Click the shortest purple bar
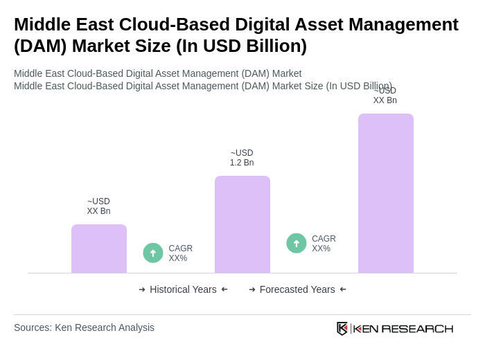click(x=99, y=249)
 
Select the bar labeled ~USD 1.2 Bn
click(x=242, y=224)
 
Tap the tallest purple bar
click(x=386, y=193)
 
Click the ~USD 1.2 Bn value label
click(x=242, y=158)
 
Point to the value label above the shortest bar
click(x=98, y=206)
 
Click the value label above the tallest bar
click(x=385, y=96)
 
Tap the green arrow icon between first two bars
click(x=153, y=253)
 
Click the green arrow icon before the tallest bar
click(x=297, y=243)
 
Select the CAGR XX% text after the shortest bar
click(x=180, y=253)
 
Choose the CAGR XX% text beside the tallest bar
click(x=324, y=244)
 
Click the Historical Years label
click(x=183, y=289)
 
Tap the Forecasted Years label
click(x=297, y=289)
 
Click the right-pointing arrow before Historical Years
click(x=142, y=289)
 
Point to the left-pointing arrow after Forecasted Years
click(x=343, y=289)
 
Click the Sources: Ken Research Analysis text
click(x=84, y=327)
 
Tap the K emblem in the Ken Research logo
click(x=342, y=328)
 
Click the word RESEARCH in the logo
click(x=417, y=328)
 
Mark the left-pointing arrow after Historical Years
click(x=224, y=289)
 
